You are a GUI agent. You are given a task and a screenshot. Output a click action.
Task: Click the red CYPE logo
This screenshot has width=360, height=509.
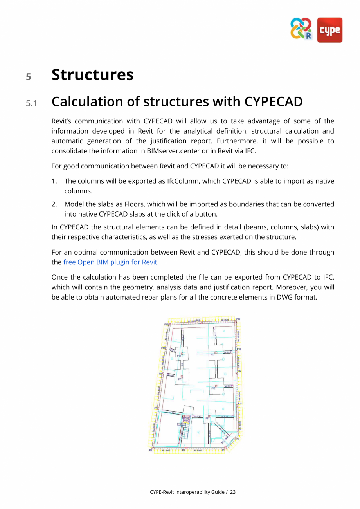pyautogui.click(x=329, y=30)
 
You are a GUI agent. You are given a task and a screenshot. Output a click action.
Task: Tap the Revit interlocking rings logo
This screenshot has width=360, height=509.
pyautogui.click(x=301, y=29)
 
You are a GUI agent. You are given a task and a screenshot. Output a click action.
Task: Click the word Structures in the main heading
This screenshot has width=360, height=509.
pyautogui.click(x=92, y=74)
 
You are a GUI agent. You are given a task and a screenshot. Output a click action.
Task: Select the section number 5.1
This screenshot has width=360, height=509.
pyautogui.click(x=31, y=103)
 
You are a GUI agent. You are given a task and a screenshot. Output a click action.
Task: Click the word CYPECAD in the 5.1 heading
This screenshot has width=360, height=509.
pyautogui.click(x=274, y=101)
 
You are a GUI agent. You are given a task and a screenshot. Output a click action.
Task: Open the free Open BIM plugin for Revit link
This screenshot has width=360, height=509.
pyautogui.click(x=111, y=262)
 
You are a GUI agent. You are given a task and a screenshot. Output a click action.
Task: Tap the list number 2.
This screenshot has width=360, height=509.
pyautogui.click(x=54, y=204)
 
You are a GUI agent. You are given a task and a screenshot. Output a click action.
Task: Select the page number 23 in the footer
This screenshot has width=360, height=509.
pyautogui.click(x=233, y=492)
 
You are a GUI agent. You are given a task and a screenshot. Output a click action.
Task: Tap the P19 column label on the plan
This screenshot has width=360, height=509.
pyautogui.click(x=238, y=319)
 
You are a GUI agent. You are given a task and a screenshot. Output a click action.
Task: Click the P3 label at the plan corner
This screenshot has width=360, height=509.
pyautogui.click(x=151, y=450)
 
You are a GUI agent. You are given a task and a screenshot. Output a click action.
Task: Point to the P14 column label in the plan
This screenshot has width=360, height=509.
pyautogui.click(x=179, y=356)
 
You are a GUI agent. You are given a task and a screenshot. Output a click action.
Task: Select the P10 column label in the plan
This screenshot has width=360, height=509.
pyautogui.click(x=213, y=388)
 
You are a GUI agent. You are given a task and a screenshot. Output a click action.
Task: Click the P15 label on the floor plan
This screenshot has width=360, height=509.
pyautogui.click(x=166, y=324)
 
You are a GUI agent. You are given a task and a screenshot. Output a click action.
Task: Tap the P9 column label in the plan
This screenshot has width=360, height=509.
pyautogui.click(x=207, y=419)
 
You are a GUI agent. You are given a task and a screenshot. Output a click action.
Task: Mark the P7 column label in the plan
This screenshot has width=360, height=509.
pyautogui.click(x=180, y=379)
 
